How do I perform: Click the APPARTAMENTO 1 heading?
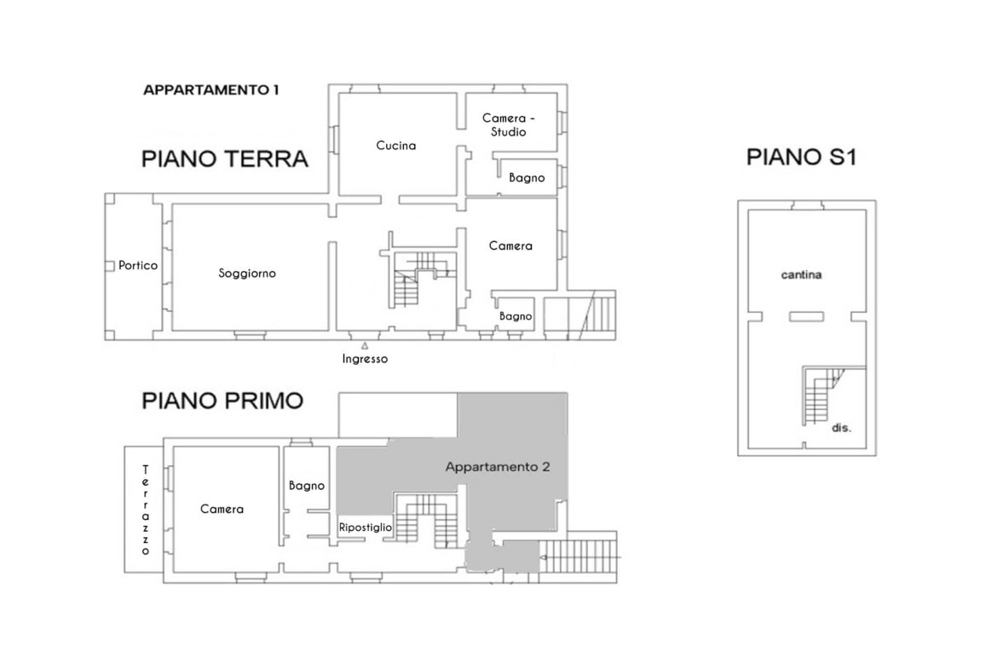[210, 90]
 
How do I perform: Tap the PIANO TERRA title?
[224, 159]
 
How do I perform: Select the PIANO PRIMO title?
[222, 401]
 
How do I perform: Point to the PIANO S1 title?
[801, 157]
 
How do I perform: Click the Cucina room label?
[396, 146]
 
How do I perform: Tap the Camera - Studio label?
[508, 124]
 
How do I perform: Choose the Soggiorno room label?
[247, 274]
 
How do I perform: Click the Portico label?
[138, 265]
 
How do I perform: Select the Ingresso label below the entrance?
[365, 359]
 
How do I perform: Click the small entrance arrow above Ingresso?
[365, 346]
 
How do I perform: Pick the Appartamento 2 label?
[498, 467]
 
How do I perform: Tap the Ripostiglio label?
[366, 528]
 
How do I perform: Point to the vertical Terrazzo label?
[146, 510]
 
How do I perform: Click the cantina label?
[801, 274]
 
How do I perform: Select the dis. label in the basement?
[841, 428]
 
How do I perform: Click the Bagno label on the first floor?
[307, 486]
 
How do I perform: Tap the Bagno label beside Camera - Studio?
[527, 178]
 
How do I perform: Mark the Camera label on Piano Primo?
[222, 510]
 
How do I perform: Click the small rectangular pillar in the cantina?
[807, 316]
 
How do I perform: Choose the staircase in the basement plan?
[821, 395]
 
